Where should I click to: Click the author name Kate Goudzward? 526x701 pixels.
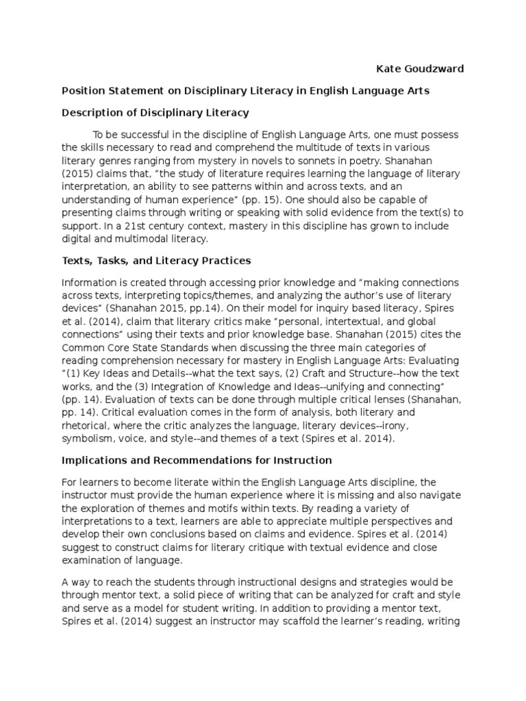point(420,69)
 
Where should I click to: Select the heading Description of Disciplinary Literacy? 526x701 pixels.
point(155,112)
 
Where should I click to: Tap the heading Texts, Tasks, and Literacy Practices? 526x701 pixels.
point(156,260)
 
